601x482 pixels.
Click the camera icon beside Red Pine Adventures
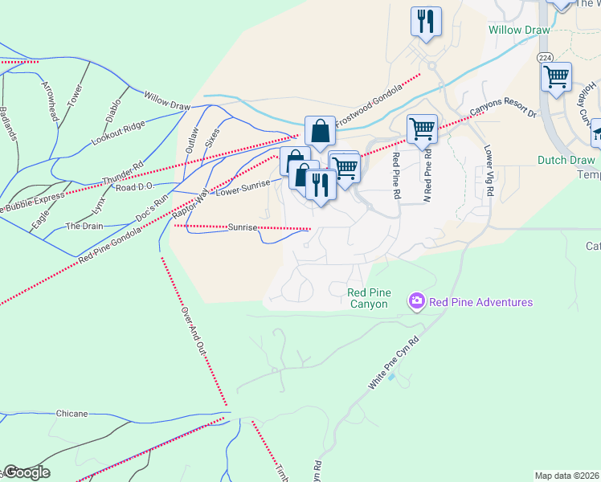tap(417, 302)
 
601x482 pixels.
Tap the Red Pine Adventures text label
tap(480, 302)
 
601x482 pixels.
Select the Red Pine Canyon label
tap(369, 298)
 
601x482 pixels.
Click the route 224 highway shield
tap(545, 57)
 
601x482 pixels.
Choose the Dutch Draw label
tap(566, 160)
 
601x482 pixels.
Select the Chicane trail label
tap(72, 413)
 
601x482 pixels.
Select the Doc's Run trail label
tap(151, 206)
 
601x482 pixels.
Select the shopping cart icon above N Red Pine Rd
tap(422, 128)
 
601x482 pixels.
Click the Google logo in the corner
tap(27, 472)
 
